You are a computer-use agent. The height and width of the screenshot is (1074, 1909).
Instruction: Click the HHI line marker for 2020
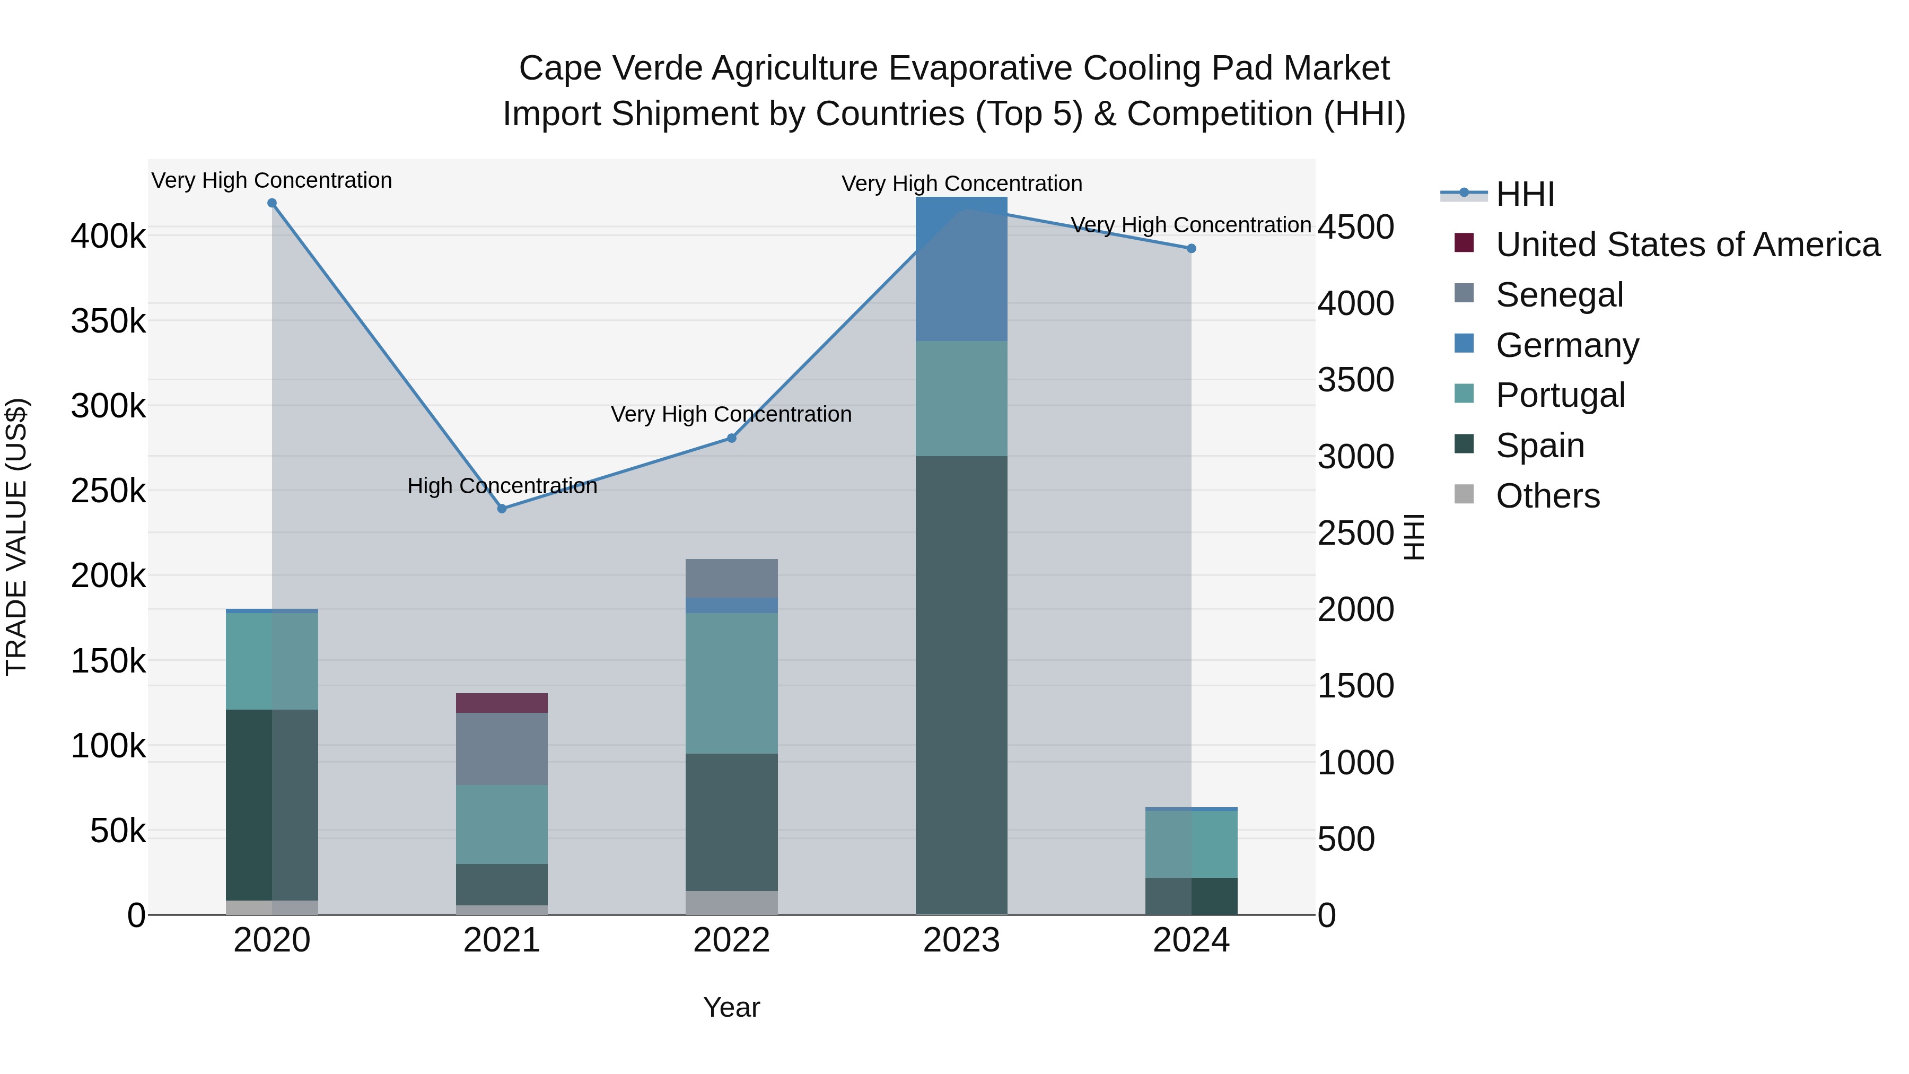[272, 203]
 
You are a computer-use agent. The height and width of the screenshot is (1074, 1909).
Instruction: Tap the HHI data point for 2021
[502, 509]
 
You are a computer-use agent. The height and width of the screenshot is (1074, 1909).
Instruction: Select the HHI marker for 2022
[731, 438]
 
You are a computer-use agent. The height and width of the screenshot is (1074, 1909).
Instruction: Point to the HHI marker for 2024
[1191, 248]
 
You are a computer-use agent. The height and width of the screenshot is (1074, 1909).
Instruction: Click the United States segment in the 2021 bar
[502, 703]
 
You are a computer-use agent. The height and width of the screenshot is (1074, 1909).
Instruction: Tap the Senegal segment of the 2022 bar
[731, 578]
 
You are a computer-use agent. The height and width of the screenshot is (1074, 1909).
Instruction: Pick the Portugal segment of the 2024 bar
[1191, 844]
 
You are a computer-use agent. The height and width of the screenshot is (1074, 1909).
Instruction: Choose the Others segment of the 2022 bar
[731, 902]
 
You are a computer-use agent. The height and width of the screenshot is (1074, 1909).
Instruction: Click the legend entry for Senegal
[1559, 294]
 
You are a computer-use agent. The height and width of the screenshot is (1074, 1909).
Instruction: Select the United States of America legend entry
[1687, 244]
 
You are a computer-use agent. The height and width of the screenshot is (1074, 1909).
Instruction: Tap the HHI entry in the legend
[1525, 194]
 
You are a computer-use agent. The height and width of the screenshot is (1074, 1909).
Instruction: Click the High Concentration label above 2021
[502, 486]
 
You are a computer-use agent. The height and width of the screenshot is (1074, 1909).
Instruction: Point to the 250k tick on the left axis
[108, 491]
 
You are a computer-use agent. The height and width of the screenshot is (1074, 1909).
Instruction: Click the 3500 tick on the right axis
[1355, 380]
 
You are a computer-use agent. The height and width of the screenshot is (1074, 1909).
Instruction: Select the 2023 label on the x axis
[961, 940]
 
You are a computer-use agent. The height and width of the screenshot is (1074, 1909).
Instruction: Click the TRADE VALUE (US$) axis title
[17, 537]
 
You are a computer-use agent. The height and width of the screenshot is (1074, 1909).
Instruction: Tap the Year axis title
[731, 1007]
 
